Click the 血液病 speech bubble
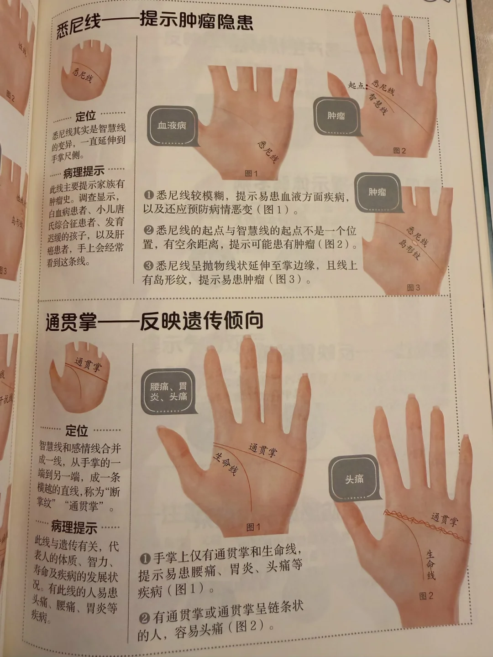point(173,126)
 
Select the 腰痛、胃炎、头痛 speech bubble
point(168,392)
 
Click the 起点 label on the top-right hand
point(356,85)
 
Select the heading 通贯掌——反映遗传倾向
point(154,321)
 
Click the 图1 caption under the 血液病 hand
point(251,173)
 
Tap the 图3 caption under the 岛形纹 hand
point(414,287)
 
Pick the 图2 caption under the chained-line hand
point(426,596)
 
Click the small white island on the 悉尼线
point(414,241)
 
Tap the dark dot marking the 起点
point(367,86)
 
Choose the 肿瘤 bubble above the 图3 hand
point(378,193)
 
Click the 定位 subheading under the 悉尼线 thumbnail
point(86,116)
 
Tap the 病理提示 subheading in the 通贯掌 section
point(74,527)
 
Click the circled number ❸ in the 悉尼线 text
point(148,265)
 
